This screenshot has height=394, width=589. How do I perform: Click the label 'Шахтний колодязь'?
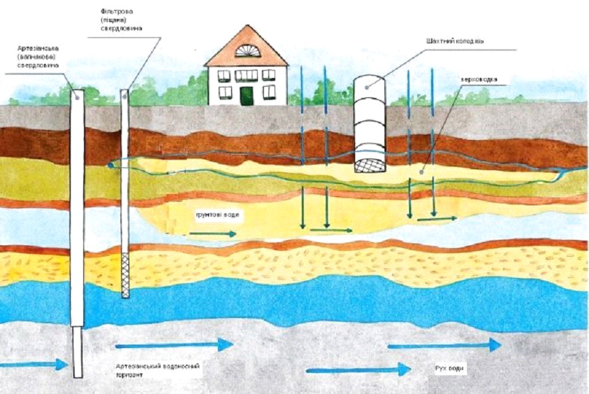click(455, 41)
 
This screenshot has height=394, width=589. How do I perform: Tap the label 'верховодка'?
click(479, 79)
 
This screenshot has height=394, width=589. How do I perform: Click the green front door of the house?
click(247, 96)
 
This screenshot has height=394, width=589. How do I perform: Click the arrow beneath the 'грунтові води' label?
click(213, 234)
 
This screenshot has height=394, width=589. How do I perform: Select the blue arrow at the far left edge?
click(33, 364)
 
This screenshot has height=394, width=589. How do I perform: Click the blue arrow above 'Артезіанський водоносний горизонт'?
click(174, 345)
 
